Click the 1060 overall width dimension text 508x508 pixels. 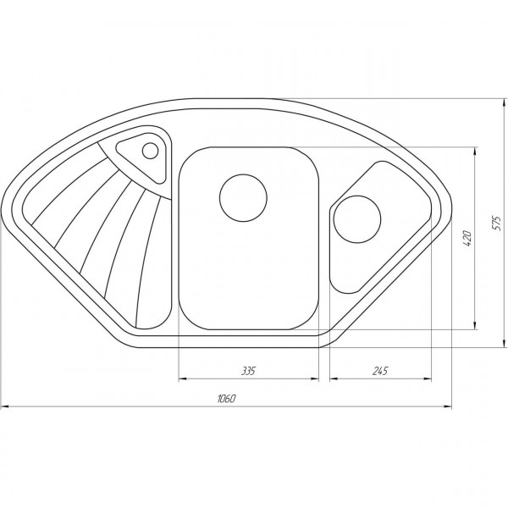[226, 399]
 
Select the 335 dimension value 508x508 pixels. [247, 371]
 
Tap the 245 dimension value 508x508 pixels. [378, 371]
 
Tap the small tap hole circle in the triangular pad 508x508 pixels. [150, 152]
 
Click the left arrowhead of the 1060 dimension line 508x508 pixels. [3, 407]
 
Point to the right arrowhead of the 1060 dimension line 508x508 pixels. [449, 407]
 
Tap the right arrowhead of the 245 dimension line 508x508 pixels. [426, 379]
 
